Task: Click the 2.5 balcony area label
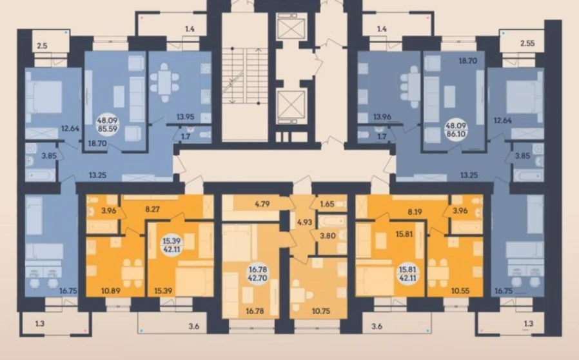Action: pos(43,46)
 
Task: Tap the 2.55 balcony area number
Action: pos(527,43)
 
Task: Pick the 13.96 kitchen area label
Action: pos(372,117)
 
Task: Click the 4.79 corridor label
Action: pos(262,204)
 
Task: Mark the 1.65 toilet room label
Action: pos(327,204)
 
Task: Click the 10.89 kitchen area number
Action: pos(110,291)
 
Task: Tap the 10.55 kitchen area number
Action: pos(460,291)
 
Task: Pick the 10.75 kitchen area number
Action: pos(321,311)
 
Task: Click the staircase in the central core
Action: pos(245,77)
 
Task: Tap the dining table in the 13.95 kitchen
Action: pos(164,82)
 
